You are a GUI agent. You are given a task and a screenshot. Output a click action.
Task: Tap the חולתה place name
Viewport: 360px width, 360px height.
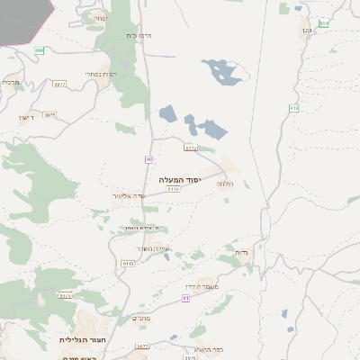(225, 183)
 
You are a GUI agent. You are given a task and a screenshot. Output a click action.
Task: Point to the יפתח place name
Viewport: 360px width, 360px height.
(99, 17)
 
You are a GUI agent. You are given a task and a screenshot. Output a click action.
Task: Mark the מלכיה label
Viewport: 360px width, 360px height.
(11, 82)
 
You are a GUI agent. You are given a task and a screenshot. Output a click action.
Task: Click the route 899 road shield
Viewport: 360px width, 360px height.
(40, 50)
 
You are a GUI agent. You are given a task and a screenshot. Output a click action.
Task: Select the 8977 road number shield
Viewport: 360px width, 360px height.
(60, 84)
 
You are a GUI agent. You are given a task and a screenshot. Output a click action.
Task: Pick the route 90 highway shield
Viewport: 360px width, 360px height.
(148, 159)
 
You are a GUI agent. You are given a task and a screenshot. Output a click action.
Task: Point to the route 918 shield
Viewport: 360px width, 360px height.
(294, 108)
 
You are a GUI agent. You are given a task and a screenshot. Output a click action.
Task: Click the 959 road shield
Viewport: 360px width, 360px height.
(324, 22)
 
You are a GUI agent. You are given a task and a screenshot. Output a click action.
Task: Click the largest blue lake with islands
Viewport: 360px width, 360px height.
(220, 70)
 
